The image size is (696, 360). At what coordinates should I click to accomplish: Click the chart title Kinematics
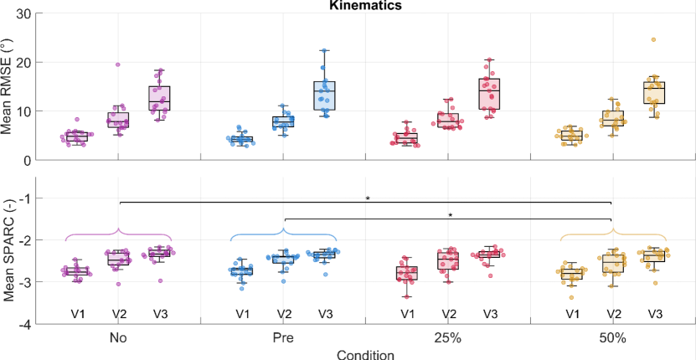click(365, 6)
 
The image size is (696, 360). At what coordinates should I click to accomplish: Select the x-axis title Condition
click(365, 354)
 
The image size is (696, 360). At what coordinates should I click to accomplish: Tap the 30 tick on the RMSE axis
click(23, 14)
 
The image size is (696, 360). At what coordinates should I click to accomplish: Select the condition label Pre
click(283, 338)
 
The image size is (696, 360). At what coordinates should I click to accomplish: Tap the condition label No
click(118, 338)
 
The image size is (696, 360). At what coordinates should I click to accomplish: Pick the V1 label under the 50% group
click(572, 314)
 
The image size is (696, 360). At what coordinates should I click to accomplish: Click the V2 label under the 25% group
click(448, 314)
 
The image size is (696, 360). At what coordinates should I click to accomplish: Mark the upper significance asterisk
click(368, 198)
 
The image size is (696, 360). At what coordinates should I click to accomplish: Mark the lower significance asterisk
click(450, 215)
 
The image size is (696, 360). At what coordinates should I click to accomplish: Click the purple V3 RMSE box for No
click(159, 98)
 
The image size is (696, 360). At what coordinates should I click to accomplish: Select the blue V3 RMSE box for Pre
click(324, 95)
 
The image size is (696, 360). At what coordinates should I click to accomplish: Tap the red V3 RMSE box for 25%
click(489, 93)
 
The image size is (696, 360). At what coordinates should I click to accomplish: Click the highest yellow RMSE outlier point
click(653, 40)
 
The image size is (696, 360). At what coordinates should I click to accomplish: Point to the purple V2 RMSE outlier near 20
click(118, 64)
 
